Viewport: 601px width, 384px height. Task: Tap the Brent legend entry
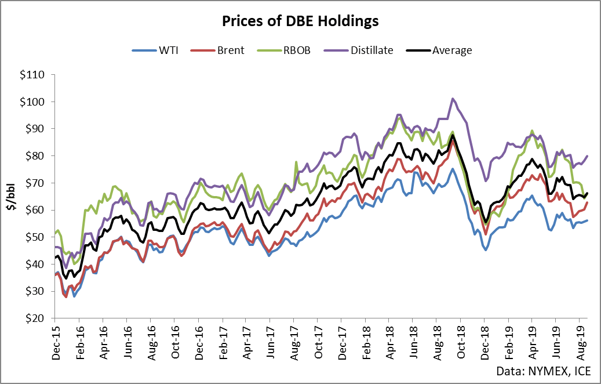coord(230,50)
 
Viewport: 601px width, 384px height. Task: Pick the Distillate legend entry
coord(371,50)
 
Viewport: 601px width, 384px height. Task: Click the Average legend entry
coord(451,50)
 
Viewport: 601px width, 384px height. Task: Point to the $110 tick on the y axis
coord(35,75)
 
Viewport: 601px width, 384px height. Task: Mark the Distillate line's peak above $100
coord(453,99)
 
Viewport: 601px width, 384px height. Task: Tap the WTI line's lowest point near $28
coord(74,296)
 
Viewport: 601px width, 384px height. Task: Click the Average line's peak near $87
coord(453,136)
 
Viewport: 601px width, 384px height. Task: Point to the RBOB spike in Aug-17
coord(296,162)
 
